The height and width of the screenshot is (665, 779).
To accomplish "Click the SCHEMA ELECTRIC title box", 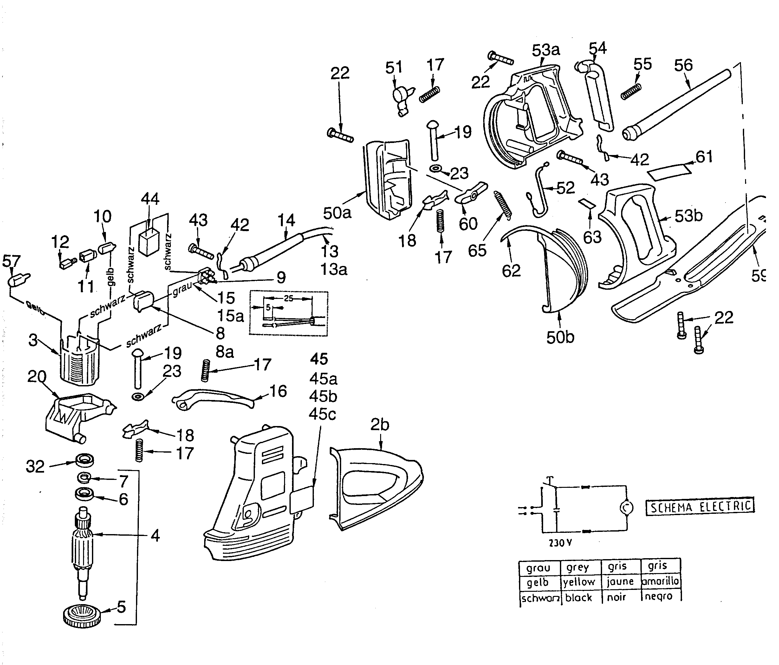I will (700, 507).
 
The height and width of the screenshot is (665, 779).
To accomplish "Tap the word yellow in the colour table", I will (579, 582).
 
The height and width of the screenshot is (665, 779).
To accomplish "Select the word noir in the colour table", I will (616, 597).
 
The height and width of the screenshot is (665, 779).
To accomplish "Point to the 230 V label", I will (560, 543).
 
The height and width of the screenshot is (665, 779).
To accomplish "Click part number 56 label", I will (683, 65).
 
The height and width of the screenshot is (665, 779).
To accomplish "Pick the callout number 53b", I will (688, 216).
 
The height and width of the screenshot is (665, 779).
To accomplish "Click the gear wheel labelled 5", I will (82, 615).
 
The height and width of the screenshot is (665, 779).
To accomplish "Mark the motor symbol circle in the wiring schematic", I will (626, 508).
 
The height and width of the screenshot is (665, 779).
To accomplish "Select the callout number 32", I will (35, 466).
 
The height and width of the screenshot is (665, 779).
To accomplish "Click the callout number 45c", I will (322, 414).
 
